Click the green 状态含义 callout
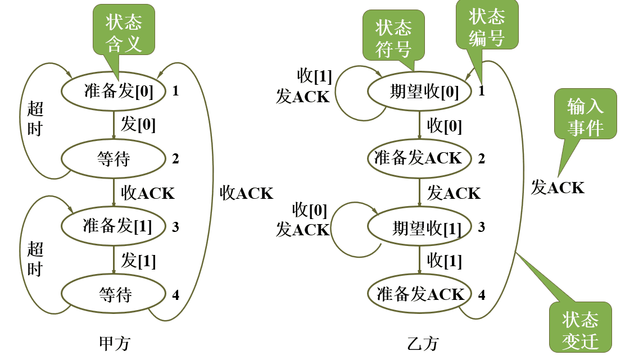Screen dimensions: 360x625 coord(124,34)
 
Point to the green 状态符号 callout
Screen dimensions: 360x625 coord(393,38)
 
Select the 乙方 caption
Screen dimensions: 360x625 coord(422,343)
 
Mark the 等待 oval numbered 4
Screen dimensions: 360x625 coord(115,294)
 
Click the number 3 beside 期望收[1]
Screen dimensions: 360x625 coord(482,227)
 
